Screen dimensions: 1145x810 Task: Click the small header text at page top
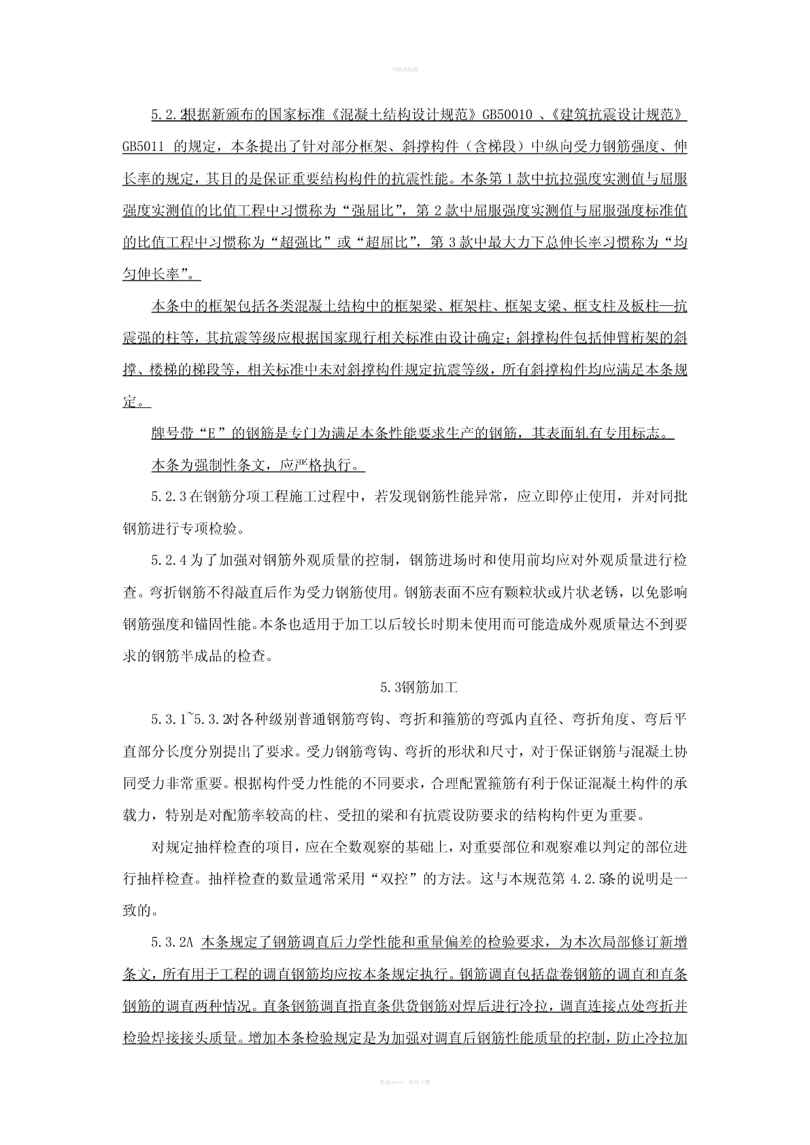coord(405,69)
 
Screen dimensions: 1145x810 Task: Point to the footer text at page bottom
coord(405,1081)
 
